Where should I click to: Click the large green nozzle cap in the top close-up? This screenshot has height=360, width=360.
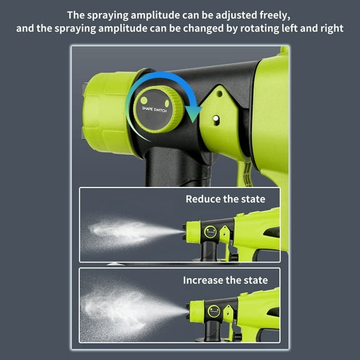107,112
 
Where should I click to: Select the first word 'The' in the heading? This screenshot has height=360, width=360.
75,14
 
